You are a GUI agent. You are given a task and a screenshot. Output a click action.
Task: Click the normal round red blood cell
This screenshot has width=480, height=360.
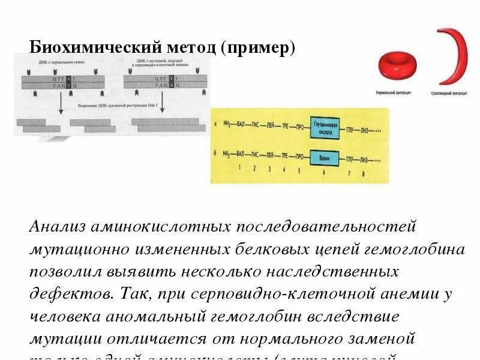pyautogui.click(x=397, y=65)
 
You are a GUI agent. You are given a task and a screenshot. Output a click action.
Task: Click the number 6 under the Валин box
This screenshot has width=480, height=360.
pyautogui.click(x=325, y=172)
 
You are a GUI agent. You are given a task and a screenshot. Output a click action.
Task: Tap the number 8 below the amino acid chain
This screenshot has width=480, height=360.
pyautogui.click(x=363, y=174)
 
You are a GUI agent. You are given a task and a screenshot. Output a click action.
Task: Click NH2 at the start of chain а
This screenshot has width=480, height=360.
pyautogui.click(x=226, y=126)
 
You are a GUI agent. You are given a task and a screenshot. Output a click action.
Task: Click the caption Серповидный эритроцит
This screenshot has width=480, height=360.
pyautogui.click(x=448, y=95)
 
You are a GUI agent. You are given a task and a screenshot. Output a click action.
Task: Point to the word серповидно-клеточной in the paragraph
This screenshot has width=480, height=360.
pyautogui.click(x=253, y=294)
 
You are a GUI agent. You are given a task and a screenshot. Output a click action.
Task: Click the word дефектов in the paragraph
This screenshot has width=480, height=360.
pyautogui.click(x=64, y=294)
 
